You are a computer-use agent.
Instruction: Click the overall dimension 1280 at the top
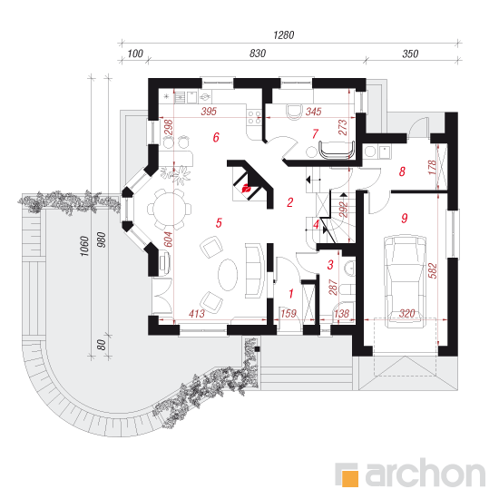click(284, 34)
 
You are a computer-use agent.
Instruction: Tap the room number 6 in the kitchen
click(216, 137)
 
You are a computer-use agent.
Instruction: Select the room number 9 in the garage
click(404, 218)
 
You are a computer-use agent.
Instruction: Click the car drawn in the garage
click(406, 281)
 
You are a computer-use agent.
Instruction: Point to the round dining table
click(169, 210)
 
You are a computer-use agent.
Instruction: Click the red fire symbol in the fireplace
click(247, 189)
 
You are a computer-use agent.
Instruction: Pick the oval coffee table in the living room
click(228, 274)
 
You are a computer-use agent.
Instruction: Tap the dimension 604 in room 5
click(168, 240)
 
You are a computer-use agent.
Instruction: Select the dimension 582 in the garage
click(433, 270)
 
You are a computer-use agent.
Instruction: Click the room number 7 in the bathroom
click(315, 133)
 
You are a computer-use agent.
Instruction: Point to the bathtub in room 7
click(337, 150)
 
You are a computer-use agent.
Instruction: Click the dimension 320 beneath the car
click(406, 314)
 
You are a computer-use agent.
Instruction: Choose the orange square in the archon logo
click(350, 477)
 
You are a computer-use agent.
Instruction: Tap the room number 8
click(402, 171)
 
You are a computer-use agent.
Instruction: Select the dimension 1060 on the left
click(84, 246)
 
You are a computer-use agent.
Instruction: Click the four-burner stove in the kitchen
click(254, 117)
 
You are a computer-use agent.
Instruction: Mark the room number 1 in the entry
click(291, 293)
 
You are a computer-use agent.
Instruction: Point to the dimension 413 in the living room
click(196, 314)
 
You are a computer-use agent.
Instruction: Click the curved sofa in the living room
click(255, 270)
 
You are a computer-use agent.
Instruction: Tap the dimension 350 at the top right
click(410, 54)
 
